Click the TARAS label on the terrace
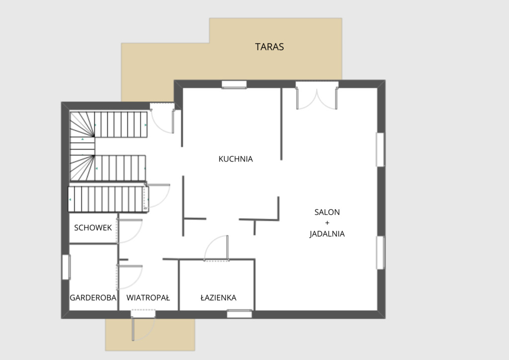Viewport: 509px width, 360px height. point(269,47)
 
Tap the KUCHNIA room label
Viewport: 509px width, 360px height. point(236,159)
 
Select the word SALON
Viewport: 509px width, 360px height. point(327,212)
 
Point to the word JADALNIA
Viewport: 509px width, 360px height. point(327,234)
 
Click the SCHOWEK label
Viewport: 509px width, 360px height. point(93,228)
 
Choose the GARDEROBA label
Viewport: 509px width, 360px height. point(93,298)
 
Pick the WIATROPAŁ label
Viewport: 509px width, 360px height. point(148,298)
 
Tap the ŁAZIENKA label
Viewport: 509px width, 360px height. point(219,298)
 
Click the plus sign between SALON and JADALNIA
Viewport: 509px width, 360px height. point(327,223)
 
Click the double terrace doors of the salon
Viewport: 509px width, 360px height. point(317,95)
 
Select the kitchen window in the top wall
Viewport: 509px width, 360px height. point(234,85)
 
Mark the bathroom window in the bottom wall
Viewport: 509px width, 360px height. point(239,314)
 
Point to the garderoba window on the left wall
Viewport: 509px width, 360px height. point(66,267)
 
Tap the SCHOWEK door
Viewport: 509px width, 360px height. point(130,231)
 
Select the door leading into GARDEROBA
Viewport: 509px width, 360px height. point(130,277)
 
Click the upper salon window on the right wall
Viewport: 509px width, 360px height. point(380,150)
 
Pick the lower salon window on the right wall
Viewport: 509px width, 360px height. point(380,253)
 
